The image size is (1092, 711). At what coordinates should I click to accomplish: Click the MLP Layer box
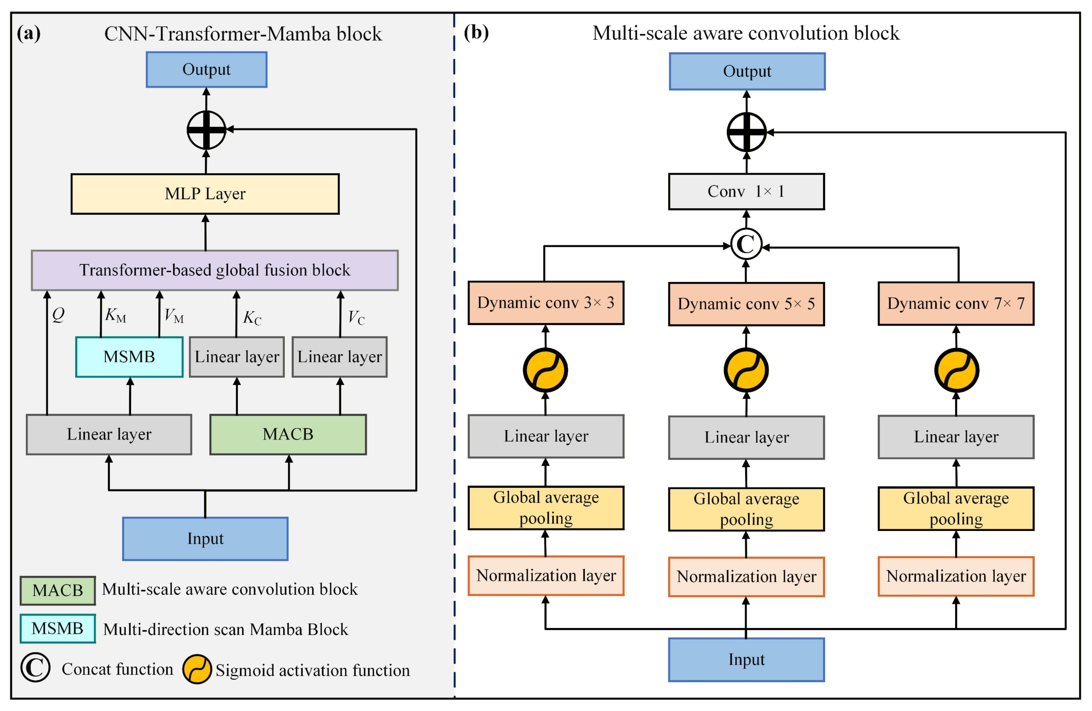click(205, 194)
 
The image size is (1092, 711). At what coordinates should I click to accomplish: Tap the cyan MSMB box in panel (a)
click(129, 357)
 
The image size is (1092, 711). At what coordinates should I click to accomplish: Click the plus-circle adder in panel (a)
click(206, 130)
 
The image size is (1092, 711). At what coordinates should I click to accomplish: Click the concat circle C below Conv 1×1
click(746, 244)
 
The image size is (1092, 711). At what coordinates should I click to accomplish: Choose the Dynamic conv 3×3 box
click(546, 303)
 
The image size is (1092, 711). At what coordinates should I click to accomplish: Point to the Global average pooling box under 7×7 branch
click(956, 509)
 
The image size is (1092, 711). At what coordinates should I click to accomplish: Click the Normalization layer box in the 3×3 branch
click(546, 576)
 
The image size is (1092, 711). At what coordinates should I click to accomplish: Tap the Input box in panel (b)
click(746, 660)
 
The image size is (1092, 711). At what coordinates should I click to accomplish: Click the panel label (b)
click(476, 33)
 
